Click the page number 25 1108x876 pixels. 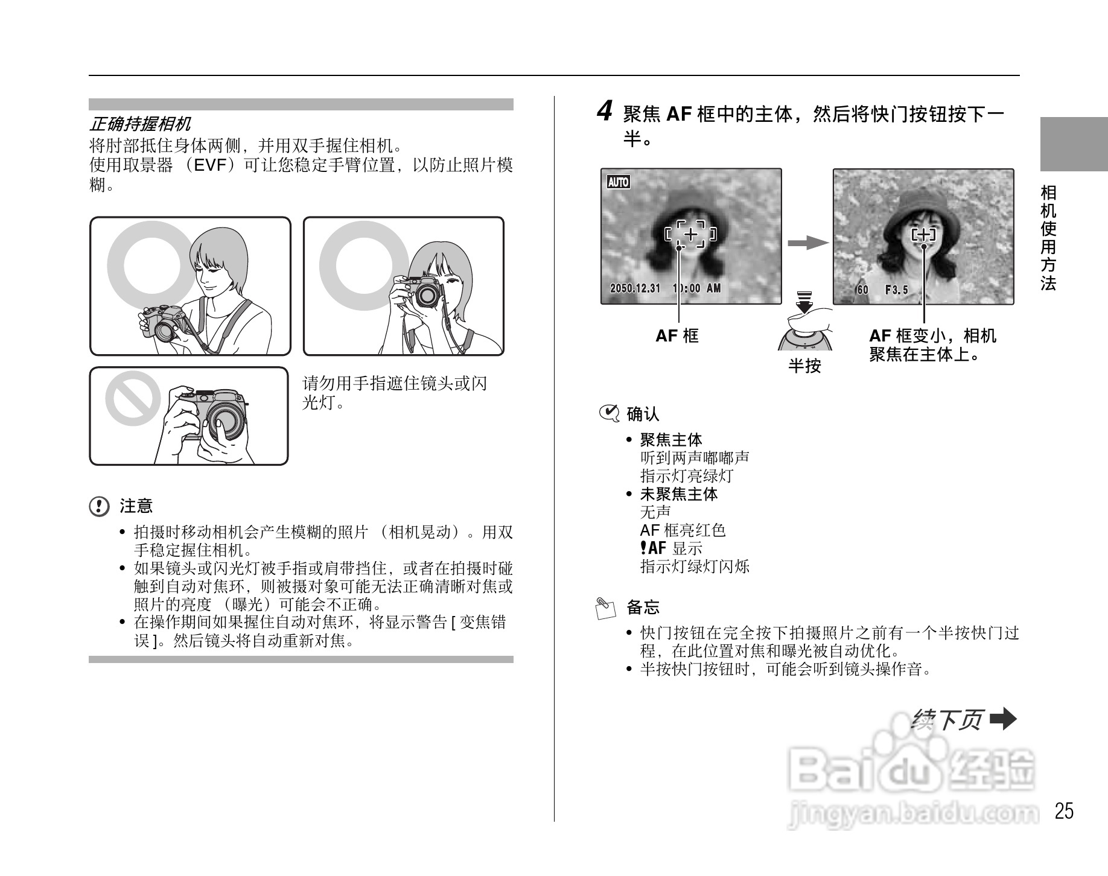tap(1064, 811)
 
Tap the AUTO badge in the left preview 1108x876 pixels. tap(618, 182)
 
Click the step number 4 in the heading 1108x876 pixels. tap(605, 112)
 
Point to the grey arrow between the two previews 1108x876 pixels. tap(807, 243)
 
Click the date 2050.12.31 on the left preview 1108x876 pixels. tap(635, 288)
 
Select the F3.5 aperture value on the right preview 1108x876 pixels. tap(896, 290)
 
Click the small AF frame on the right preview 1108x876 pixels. tap(923, 235)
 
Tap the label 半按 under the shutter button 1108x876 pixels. tap(804, 366)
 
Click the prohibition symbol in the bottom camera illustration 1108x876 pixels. tap(132, 398)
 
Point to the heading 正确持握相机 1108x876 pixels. tap(140, 124)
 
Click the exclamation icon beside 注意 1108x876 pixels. tap(100, 506)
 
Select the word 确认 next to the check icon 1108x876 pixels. tap(643, 414)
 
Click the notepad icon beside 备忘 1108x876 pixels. tap(605, 608)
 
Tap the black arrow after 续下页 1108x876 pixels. tap(1003, 719)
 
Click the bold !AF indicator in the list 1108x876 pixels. tap(653, 548)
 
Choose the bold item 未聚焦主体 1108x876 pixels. tap(679, 494)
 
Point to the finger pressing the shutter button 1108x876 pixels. tap(812, 319)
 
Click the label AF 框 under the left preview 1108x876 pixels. tap(677, 336)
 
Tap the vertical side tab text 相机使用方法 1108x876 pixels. tap(1048, 238)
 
